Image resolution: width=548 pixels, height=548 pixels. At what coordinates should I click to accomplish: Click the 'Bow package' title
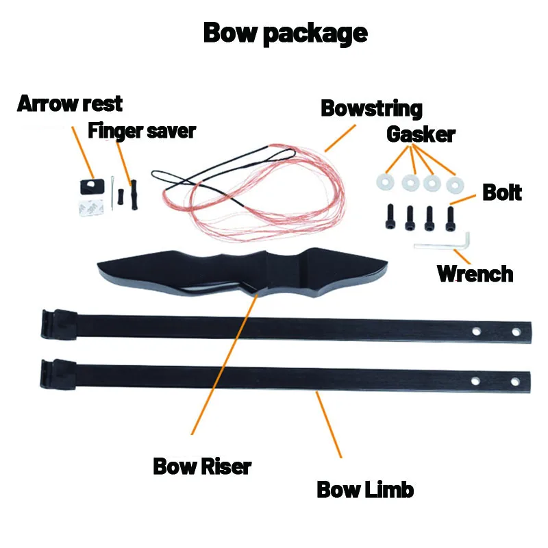285,32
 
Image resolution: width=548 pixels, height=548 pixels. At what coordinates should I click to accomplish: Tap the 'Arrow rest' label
70,104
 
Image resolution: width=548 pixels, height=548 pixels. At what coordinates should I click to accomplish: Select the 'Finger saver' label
142,130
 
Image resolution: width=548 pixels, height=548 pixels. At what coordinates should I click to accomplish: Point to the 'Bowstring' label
371,108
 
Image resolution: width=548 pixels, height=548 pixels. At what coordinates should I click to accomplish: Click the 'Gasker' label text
421,134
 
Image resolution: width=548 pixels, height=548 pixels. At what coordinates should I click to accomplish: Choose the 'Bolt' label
502,192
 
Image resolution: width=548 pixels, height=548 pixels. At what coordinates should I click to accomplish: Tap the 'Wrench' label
475,273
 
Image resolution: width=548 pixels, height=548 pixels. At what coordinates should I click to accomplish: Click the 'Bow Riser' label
202,466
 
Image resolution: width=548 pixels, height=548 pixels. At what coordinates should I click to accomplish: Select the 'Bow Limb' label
365,490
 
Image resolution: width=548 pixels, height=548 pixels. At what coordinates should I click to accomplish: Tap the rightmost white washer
453,184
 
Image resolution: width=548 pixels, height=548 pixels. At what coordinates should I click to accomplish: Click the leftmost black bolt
390,217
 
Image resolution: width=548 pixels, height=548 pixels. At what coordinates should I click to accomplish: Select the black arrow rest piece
86,186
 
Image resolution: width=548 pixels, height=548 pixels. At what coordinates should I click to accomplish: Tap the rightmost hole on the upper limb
516,332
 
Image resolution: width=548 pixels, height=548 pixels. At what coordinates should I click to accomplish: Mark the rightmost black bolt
451,216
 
